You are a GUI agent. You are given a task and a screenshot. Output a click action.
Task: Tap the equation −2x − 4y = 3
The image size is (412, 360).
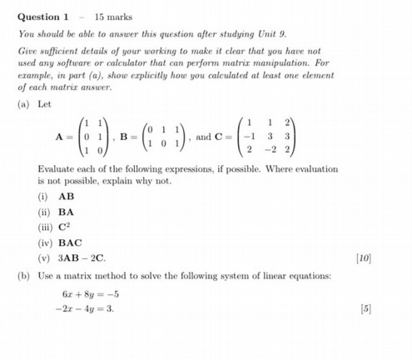86,308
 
